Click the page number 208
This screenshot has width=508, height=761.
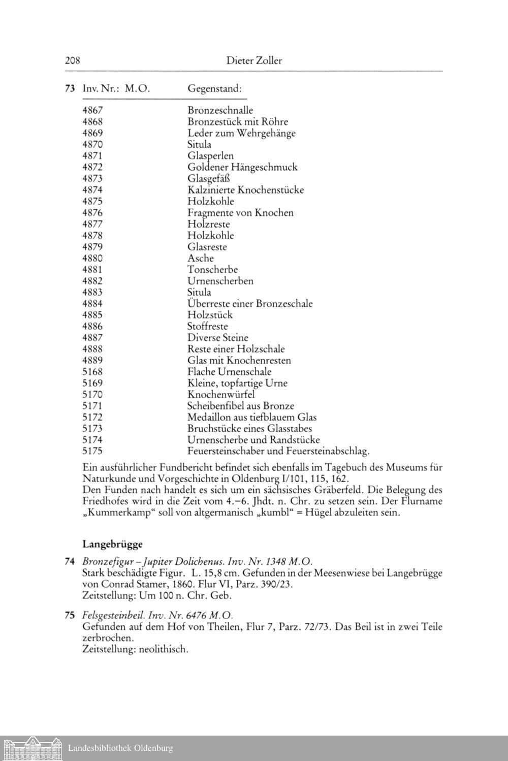click(x=73, y=61)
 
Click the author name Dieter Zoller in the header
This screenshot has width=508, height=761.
click(x=254, y=61)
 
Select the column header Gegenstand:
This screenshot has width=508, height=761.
click(x=214, y=88)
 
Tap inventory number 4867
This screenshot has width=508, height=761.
click(x=92, y=110)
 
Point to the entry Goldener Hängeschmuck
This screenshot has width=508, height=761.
click(x=242, y=167)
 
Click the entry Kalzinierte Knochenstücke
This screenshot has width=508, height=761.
click(x=245, y=190)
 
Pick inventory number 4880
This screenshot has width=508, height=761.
click(x=92, y=258)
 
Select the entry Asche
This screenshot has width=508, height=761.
click(x=201, y=258)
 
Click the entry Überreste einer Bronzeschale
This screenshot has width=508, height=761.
click(x=250, y=304)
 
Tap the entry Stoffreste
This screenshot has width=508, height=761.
click(x=208, y=326)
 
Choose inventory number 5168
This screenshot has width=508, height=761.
click(x=92, y=372)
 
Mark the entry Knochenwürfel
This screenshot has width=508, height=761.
click(x=221, y=395)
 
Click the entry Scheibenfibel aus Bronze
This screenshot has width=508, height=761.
click(x=241, y=406)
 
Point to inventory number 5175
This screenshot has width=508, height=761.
click(x=92, y=451)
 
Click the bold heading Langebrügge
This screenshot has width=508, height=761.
click(x=112, y=544)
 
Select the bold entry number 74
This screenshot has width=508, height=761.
click(x=70, y=561)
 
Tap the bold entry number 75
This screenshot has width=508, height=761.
click(x=70, y=615)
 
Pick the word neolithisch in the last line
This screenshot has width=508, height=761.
click(x=162, y=649)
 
